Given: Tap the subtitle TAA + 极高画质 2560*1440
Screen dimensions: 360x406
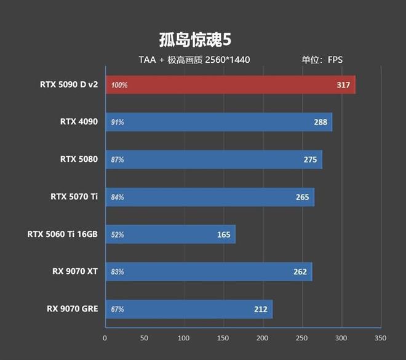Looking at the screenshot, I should (x=194, y=60).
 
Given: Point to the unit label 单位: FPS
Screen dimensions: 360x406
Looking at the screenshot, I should (x=322, y=60).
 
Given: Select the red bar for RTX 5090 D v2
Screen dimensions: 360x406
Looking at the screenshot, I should (x=231, y=85).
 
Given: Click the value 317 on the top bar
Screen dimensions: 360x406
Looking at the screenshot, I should (x=343, y=85).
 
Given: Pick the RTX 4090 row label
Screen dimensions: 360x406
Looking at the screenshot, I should (x=79, y=122).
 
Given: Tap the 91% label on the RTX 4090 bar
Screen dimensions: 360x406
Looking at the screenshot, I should (x=117, y=122).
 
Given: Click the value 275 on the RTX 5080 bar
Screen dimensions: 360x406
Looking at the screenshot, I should (x=310, y=160).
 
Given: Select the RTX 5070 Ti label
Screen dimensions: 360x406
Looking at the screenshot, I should (x=74, y=197).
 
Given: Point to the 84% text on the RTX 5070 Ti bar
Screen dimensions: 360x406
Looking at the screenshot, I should (x=117, y=198).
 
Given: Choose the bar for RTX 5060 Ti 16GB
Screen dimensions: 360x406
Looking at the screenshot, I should (x=170, y=234).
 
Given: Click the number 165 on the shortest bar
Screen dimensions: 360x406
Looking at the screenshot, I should (x=224, y=234).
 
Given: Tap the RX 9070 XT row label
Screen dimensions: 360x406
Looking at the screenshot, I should (x=74, y=271).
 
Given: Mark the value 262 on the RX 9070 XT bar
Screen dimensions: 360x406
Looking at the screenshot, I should (x=300, y=272).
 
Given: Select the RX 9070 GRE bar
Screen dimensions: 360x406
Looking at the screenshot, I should (x=188, y=309).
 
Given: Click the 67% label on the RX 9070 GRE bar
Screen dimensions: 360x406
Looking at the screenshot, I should (x=117, y=310).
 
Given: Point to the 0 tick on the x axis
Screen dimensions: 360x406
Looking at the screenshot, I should (x=105, y=338).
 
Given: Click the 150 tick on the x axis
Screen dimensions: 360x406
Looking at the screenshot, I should (x=223, y=338).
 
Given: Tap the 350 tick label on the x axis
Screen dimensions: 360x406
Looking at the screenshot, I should (x=380, y=338).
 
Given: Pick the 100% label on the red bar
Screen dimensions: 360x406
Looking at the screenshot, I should (x=119, y=86).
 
